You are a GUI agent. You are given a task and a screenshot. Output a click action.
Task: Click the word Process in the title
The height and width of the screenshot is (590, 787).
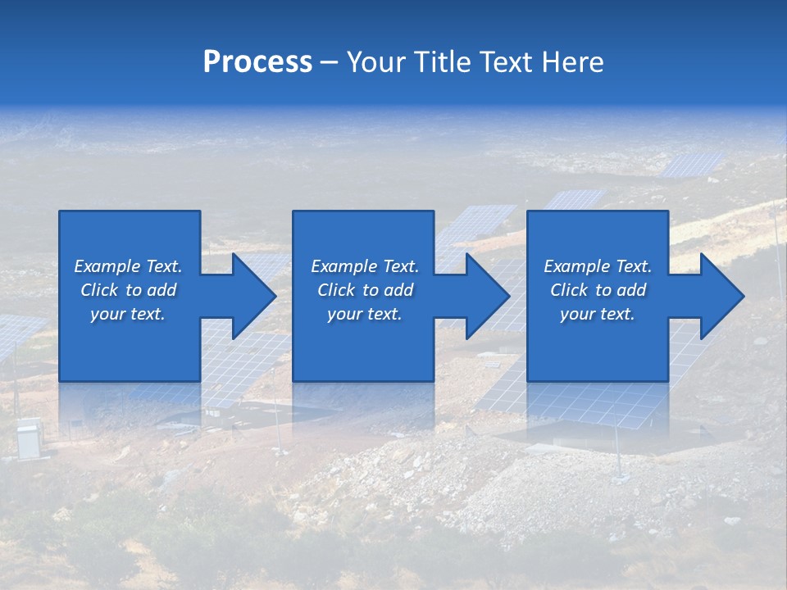pyautogui.click(x=257, y=62)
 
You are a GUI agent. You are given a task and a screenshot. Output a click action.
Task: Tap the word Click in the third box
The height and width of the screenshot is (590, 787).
pyautogui.click(x=570, y=290)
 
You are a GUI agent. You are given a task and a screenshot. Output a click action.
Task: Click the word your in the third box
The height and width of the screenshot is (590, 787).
pyautogui.click(x=578, y=314)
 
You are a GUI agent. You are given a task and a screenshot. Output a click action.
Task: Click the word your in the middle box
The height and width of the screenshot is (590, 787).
pyautogui.click(x=345, y=314)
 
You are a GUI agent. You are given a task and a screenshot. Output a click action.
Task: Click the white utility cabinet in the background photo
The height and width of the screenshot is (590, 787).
pyautogui.click(x=29, y=438)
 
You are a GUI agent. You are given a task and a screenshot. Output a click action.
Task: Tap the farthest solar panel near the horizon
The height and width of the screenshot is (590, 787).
pyautogui.click(x=693, y=164)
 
